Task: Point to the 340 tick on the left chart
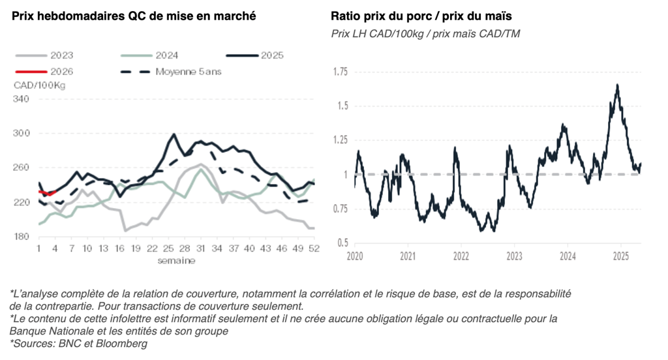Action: point(22,99)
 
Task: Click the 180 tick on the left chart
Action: point(22,236)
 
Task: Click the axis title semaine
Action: point(175,260)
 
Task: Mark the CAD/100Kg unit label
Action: point(40,85)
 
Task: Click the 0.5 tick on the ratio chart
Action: point(342,243)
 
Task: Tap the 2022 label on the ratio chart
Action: point(461,256)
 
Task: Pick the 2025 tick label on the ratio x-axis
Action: point(620,256)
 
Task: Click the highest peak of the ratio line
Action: point(616,85)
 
